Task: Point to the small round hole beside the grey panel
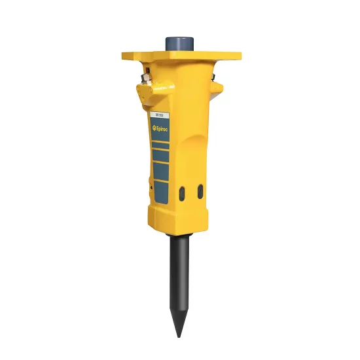[151, 187]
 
